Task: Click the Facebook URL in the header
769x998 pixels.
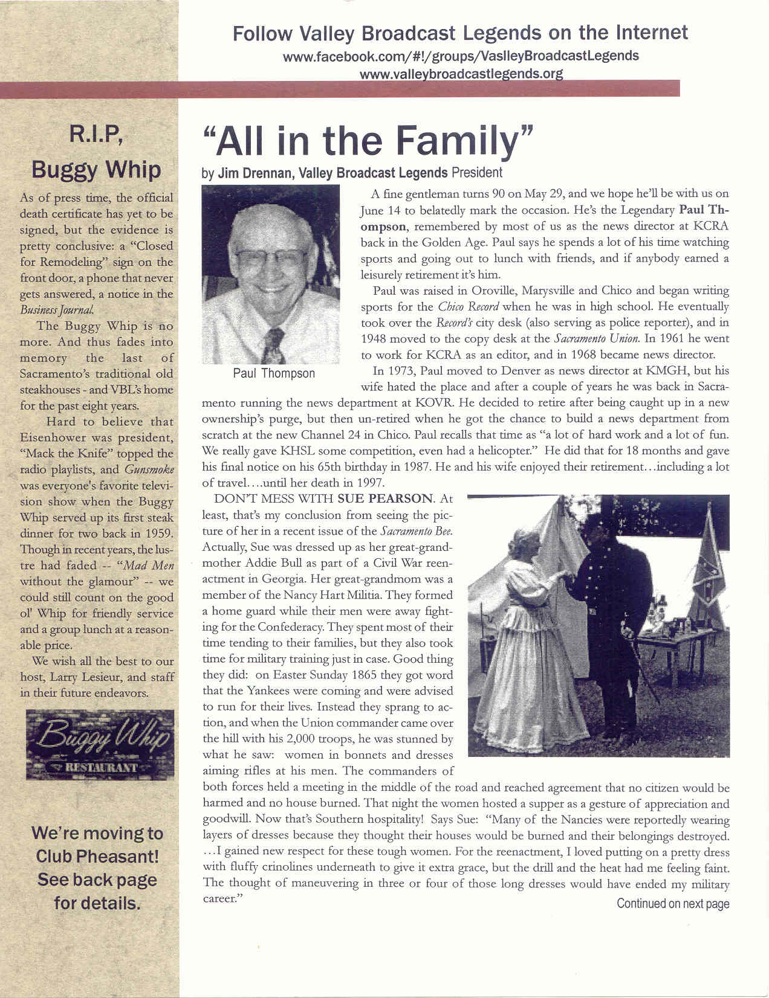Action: click(x=461, y=56)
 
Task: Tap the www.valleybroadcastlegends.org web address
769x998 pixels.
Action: click(x=461, y=74)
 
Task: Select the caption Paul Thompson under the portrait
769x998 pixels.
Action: click(x=274, y=373)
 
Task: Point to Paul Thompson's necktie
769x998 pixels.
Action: click(x=273, y=345)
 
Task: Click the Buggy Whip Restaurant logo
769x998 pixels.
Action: click(x=100, y=744)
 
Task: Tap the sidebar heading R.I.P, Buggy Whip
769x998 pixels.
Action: click(x=97, y=152)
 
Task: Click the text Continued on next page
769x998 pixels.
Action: click(x=672, y=904)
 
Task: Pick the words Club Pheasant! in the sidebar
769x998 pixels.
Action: click(x=97, y=857)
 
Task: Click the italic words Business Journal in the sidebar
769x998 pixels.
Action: click(x=57, y=310)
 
